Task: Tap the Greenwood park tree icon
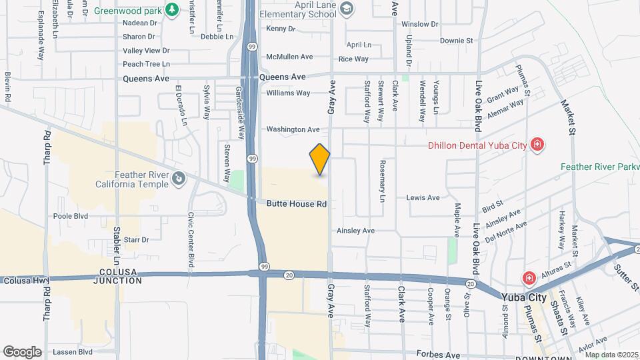(173, 9)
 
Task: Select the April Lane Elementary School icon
(346, 8)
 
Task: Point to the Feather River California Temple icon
(179, 178)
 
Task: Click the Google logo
(22, 351)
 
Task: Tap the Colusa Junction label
(121, 277)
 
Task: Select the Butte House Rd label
(297, 204)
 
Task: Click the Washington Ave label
(293, 129)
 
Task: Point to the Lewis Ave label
(423, 198)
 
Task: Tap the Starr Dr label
(135, 239)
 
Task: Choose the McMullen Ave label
(289, 57)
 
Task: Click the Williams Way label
(288, 93)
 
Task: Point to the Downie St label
(456, 41)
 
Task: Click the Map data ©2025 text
(612, 355)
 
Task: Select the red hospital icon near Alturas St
(529, 277)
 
